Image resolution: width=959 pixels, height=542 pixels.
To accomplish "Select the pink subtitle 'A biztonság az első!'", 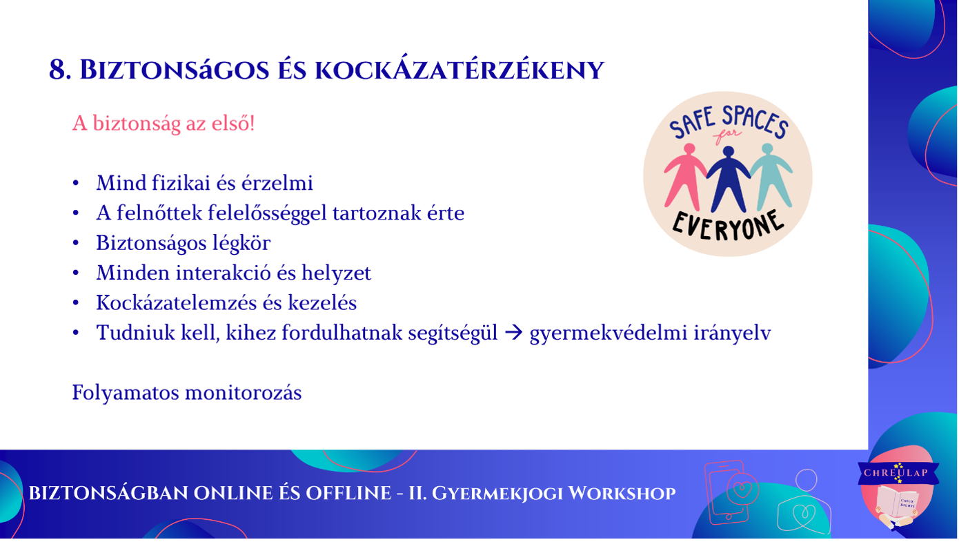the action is point(164,124).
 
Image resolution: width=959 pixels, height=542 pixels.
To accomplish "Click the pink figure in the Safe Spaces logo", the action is point(685,177).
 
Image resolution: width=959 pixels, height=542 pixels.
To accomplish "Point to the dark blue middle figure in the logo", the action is point(729,179).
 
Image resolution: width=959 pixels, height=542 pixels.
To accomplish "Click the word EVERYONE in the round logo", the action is point(729,225).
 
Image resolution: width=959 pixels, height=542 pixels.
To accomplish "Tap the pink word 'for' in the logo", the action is point(727,135).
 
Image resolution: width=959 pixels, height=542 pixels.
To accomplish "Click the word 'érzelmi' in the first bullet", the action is point(277,183).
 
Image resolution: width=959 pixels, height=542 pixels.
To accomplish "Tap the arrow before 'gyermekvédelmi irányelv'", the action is point(514,333).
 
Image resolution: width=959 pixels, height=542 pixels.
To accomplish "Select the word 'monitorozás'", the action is point(244,393).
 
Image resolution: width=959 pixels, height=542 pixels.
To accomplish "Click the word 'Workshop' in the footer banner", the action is point(622,494).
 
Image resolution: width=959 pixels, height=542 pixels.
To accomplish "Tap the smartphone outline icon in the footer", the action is point(727,492).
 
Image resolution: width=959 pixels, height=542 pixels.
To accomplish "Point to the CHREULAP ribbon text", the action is point(896,472).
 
